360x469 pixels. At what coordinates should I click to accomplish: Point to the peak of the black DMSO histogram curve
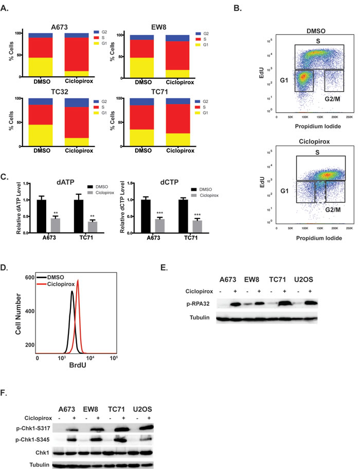(x=71, y=292)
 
